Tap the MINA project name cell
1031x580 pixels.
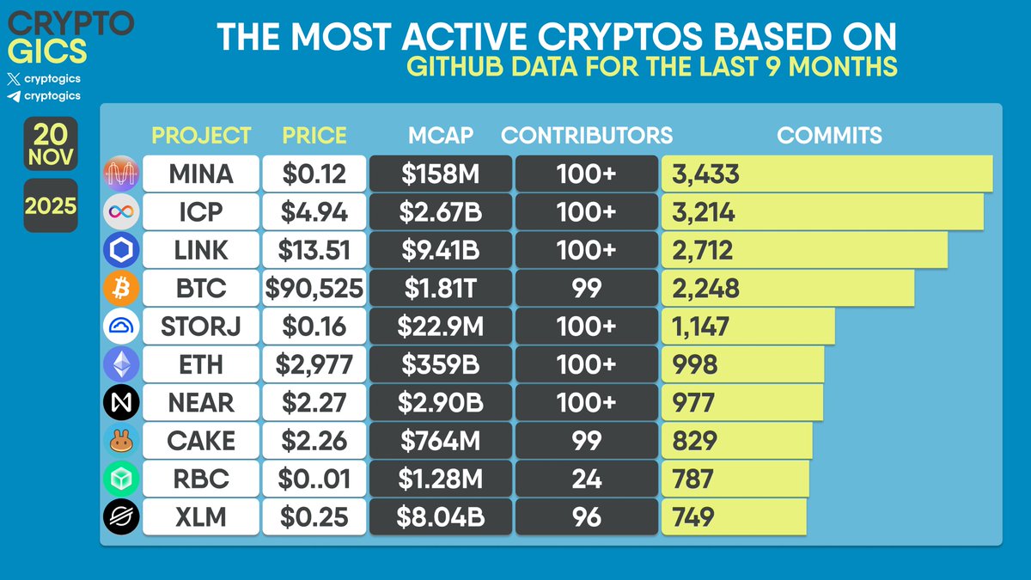point(201,174)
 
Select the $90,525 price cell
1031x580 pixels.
point(314,288)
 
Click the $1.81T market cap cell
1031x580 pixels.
point(441,288)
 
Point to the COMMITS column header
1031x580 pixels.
point(829,135)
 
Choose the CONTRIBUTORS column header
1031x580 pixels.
point(587,135)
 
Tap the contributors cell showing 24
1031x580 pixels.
point(587,479)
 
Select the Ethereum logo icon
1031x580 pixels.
point(120,364)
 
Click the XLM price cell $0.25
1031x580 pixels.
point(314,516)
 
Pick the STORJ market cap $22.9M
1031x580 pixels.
point(441,327)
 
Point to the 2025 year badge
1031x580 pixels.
point(51,206)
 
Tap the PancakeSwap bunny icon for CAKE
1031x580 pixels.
point(120,441)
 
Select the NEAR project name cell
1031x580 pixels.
point(201,402)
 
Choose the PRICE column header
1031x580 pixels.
point(314,135)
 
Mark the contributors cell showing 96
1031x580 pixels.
point(587,516)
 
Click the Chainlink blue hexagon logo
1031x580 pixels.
point(120,249)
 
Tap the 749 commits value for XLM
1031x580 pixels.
point(694,516)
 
